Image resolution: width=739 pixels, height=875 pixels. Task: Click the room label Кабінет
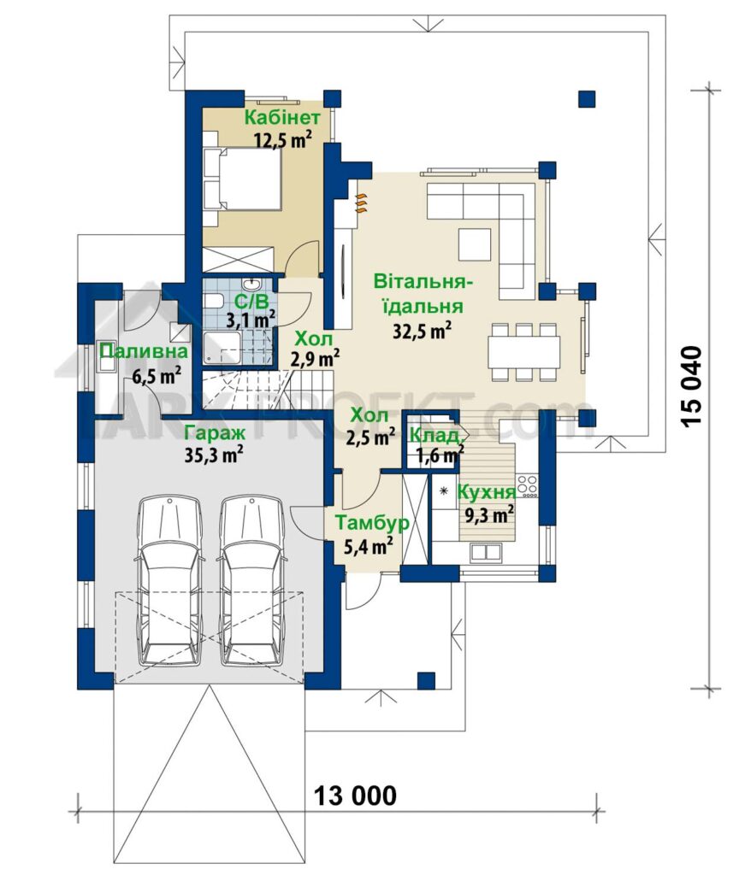click(282, 118)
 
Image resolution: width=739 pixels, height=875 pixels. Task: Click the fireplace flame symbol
click(363, 203)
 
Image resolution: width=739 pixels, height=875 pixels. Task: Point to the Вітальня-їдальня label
click(424, 294)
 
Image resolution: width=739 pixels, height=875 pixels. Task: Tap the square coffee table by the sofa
click(474, 244)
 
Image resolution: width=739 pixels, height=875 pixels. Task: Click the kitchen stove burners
click(527, 485)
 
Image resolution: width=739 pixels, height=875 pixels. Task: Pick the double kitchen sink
click(486, 552)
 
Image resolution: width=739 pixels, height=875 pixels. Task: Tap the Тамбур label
click(372, 523)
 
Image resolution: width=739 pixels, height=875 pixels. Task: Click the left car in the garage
click(170, 581)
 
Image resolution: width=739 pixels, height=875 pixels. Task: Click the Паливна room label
click(144, 351)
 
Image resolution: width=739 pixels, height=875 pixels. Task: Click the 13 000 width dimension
click(355, 795)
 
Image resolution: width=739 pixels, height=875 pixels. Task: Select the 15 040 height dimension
click(690, 388)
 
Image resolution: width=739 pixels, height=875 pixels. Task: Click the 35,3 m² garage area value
click(214, 455)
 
